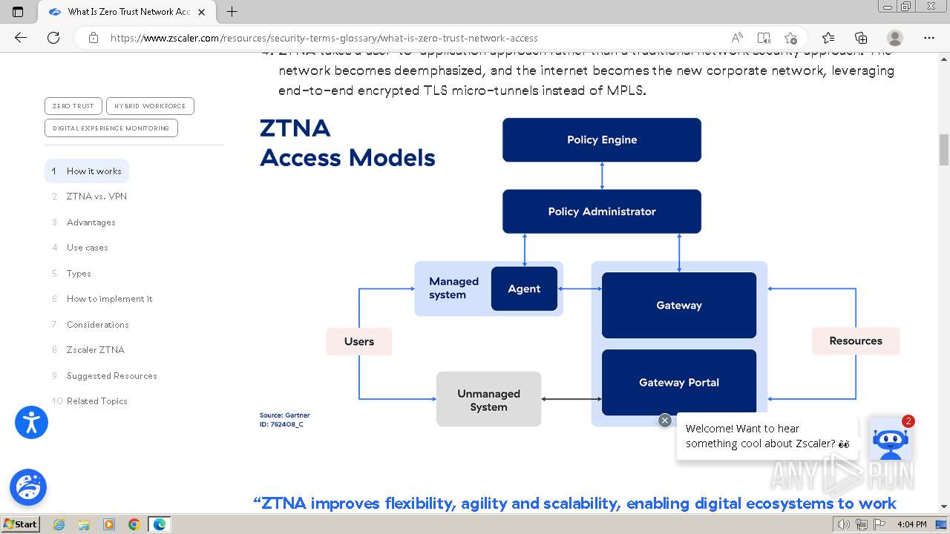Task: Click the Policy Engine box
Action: tap(601, 139)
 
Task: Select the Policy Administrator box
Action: tap(601, 211)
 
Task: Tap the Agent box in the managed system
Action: tap(524, 289)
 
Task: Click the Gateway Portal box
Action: tap(678, 383)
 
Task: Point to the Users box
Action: tap(358, 341)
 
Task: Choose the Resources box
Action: tap(855, 341)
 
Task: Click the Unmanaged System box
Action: tap(488, 400)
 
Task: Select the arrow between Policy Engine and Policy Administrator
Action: tap(602, 176)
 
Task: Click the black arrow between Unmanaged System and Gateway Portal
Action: tap(571, 399)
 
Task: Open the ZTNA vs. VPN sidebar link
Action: tap(96, 197)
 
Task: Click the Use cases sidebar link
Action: tap(87, 248)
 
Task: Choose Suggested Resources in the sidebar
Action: tap(111, 376)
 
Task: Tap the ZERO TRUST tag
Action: tap(73, 106)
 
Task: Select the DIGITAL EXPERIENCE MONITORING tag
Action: tap(111, 128)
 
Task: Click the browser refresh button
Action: tap(53, 38)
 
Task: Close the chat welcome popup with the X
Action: tap(665, 421)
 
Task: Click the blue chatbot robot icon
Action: tap(890, 440)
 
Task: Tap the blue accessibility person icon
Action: tap(31, 423)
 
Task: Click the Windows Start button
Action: tap(20, 524)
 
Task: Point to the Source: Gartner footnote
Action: tap(284, 415)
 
